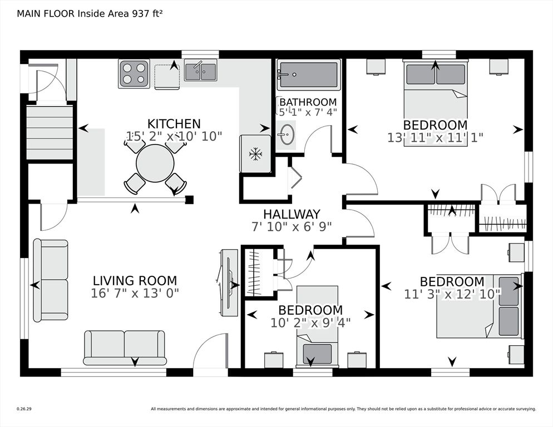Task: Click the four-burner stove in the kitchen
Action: [x=134, y=74]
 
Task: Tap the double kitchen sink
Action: [x=200, y=71]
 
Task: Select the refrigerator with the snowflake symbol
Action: [x=255, y=154]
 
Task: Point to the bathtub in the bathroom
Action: [x=309, y=75]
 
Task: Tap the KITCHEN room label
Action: [x=174, y=124]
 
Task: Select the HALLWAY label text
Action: [x=292, y=214]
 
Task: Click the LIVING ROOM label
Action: [x=135, y=281]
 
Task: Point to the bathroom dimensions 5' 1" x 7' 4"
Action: [x=308, y=112]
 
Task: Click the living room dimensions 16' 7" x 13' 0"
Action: [x=135, y=293]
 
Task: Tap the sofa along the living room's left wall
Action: [x=51, y=281]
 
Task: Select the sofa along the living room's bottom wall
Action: [x=125, y=347]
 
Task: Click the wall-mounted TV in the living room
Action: [x=229, y=283]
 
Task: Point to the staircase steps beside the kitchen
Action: [x=50, y=132]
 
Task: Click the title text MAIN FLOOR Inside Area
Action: [x=73, y=14]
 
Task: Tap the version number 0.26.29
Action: [x=24, y=409]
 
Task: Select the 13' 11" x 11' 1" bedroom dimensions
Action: [x=435, y=137]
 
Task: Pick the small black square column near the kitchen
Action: [x=189, y=200]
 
